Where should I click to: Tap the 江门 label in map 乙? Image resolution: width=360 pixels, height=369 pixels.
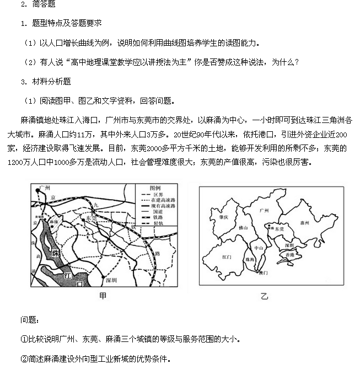click(x=226, y=257)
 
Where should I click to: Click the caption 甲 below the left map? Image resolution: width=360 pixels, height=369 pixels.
click(x=103, y=296)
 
